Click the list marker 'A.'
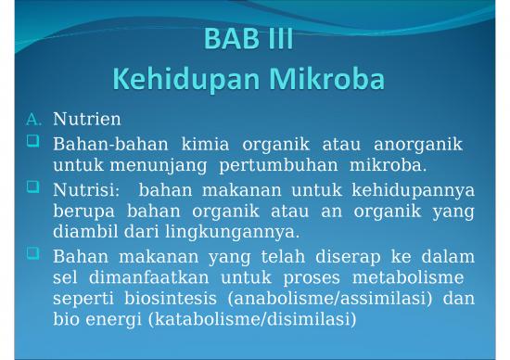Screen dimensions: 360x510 point(34,120)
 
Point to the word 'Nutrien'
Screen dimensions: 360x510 point(86,120)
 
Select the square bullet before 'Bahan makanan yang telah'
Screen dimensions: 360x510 point(34,253)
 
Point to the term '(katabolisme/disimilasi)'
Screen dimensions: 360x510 point(242,320)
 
